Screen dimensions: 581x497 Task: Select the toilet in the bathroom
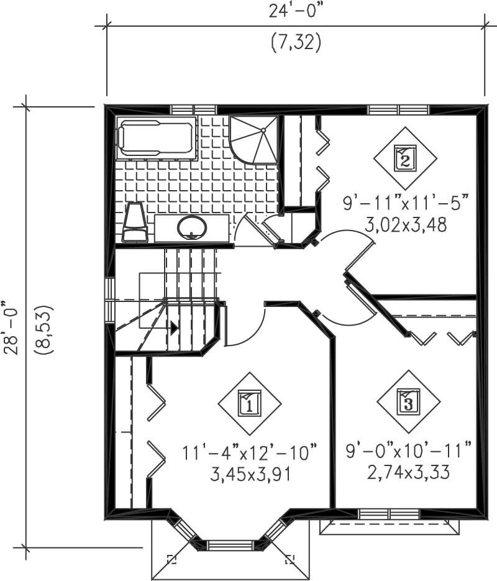pyautogui.click(x=135, y=222)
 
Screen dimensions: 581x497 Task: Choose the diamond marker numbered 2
pyautogui.click(x=404, y=159)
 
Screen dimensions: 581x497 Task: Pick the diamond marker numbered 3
pyautogui.click(x=408, y=402)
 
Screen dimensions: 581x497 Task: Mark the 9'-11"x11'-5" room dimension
pyautogui.click(x=405, y=203)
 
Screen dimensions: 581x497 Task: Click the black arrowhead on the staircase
pyautogui.click(x=175, y=327)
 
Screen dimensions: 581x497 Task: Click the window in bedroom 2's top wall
pyautogui.click(x=398, y=110)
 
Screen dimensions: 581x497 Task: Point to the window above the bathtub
pyautogui.click(x=193, y=110)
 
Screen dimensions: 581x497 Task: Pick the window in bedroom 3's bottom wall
pyautogui.click(x=390, y=513)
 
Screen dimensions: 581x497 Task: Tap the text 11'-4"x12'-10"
pyautogui.click(x=250, y=452)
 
